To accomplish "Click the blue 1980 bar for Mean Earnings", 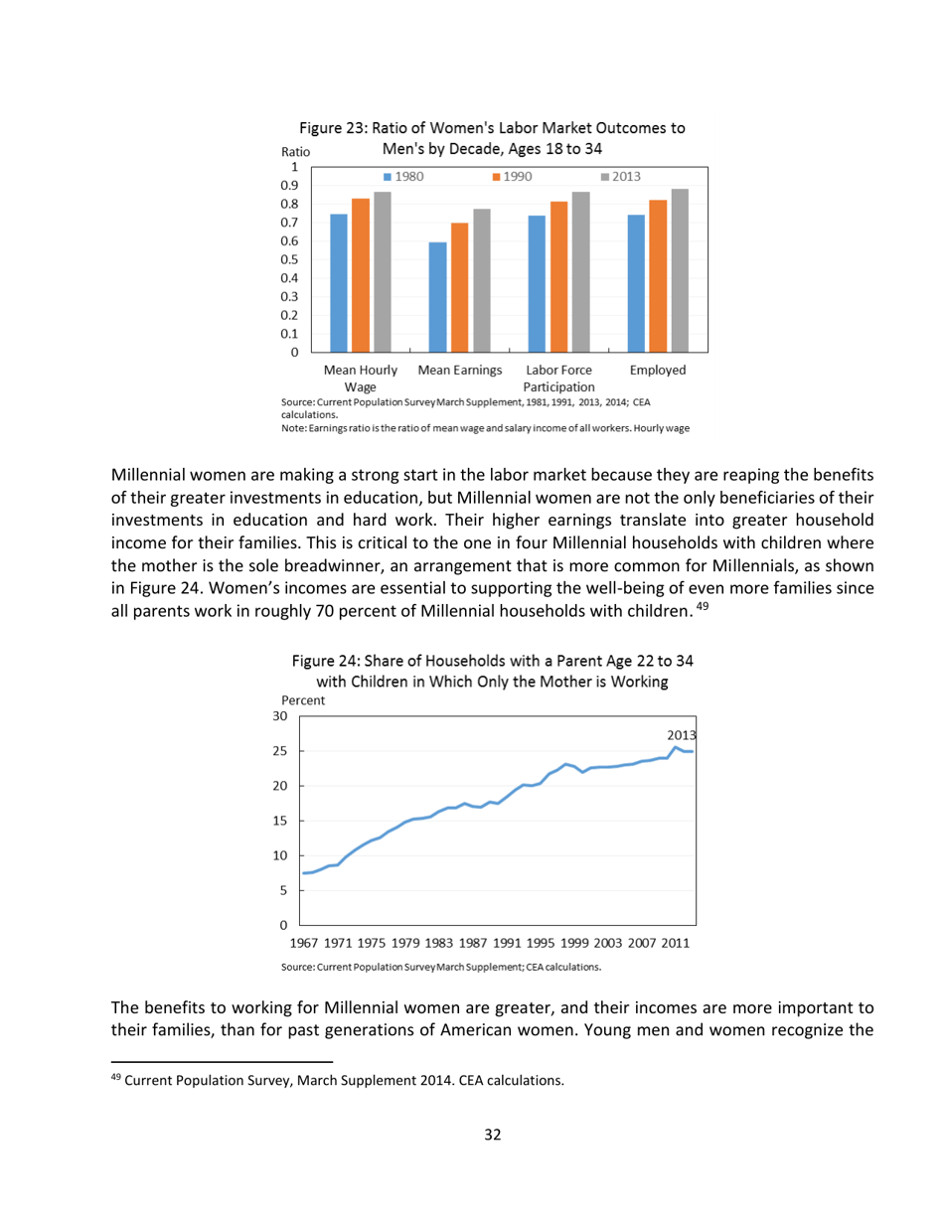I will click(x=437, y=296).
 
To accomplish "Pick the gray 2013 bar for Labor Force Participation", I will click(x=581, y=271).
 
